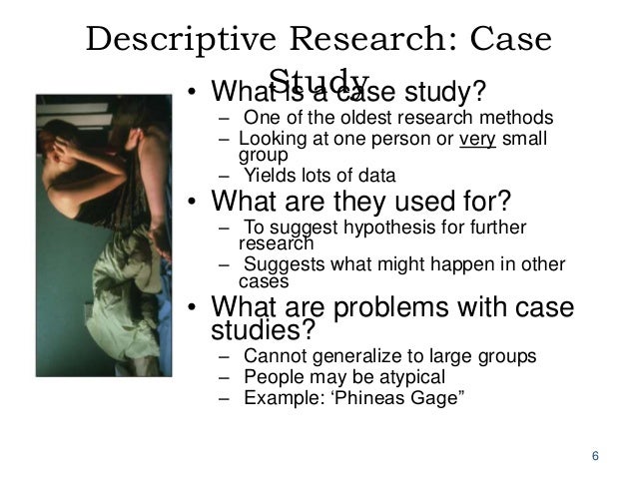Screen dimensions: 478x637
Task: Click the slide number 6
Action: point(595,456)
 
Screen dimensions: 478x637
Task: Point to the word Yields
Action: point(269,176)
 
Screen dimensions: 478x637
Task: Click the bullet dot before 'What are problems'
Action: point(194,307)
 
